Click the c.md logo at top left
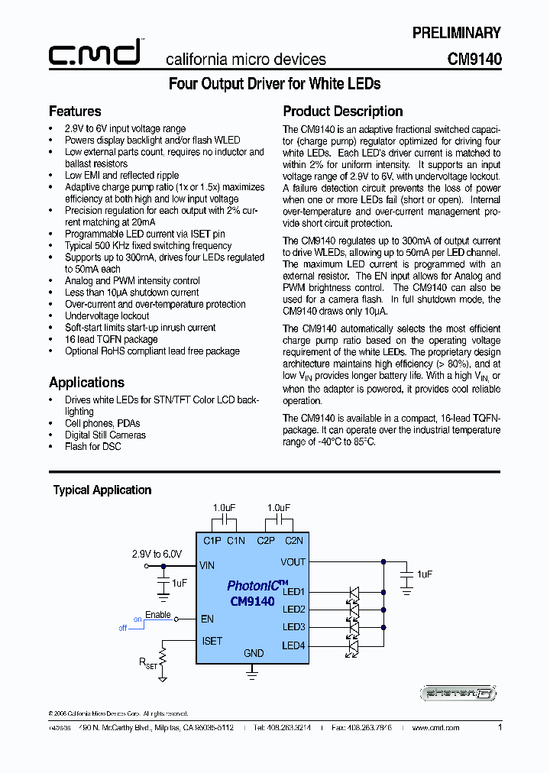95,53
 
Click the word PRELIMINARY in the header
456,33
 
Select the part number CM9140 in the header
474,59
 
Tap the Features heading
75,112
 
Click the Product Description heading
343,112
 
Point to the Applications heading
86,383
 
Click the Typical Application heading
102,490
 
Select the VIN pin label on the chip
207,566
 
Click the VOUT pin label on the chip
293,561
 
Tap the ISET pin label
212,641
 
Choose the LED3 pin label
293,627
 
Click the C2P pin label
265,541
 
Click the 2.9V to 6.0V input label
157,554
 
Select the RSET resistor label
147,664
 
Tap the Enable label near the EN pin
157,614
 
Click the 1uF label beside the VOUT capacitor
425,574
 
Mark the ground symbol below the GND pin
253,670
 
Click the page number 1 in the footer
500,728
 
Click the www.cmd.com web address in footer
435,728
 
